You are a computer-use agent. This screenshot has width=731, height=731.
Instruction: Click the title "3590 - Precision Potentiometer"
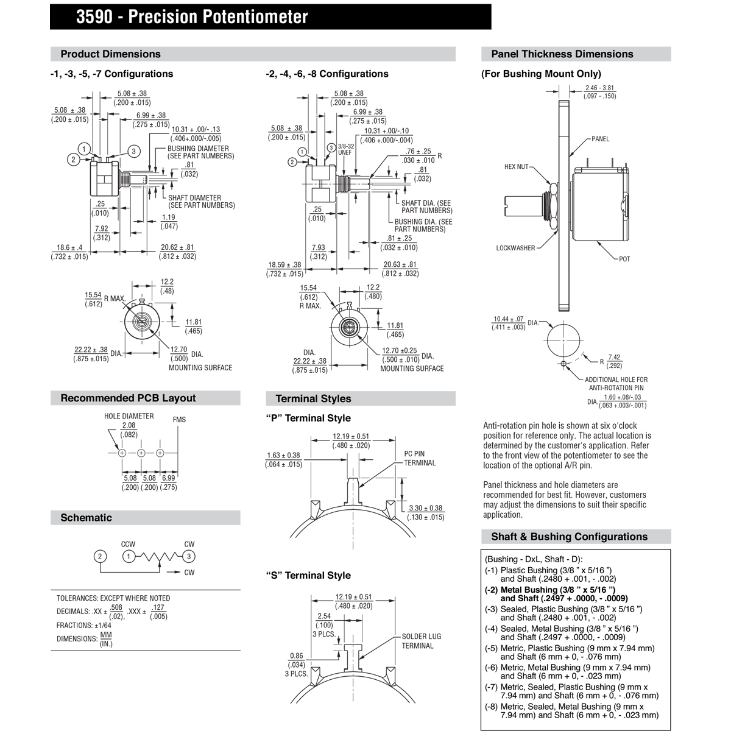pos(192,17)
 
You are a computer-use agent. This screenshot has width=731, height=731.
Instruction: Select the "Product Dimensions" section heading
pos(110,54)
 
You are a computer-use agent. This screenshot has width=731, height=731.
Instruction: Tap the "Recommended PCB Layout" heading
pos(128,398)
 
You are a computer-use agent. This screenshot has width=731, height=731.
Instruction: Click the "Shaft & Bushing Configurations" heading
pos(569,537)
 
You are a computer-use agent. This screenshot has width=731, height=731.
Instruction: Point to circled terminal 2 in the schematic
pos(101,556)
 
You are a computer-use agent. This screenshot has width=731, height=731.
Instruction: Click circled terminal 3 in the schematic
pos(189,556)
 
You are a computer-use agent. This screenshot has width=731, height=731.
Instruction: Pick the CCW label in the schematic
pos(128,545)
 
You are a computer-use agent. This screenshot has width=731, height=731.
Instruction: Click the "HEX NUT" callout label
pos(517,166)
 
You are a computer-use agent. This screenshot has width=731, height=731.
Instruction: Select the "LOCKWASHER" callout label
pos(515,248)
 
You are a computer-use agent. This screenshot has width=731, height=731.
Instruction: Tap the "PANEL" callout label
pos(600,139)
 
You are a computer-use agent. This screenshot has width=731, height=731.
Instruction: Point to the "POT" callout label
pos(624,260)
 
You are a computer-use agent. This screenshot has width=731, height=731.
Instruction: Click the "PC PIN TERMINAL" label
pos(420,458)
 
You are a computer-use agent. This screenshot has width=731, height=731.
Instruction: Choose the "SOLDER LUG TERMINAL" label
pos(421,641)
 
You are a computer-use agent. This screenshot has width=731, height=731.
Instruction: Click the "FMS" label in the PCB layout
pos(179,420)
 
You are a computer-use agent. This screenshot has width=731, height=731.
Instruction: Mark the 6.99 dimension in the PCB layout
pos(168,479)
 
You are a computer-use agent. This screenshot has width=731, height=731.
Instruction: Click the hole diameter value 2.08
pos(129,425)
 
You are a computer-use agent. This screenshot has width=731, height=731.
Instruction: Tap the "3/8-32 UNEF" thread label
pos(345,149)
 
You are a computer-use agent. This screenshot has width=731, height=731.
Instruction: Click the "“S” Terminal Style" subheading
pos(308,576)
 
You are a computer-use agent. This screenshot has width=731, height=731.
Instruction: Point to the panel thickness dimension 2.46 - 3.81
pos(599,88)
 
